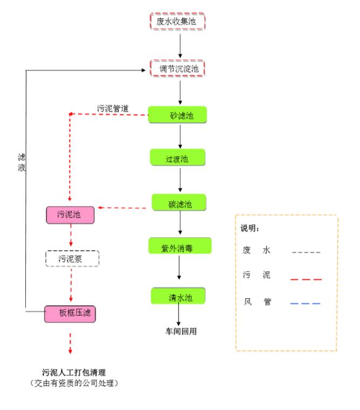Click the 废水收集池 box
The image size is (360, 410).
click(x=178, y=22)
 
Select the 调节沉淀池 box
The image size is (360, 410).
click(x=177, y=70)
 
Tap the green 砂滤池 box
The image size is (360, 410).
click(x=178, y=115)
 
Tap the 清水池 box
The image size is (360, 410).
click(x=179, y=296)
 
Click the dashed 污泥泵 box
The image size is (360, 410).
click(x=71, y=259)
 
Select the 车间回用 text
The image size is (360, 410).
click(x=181, y=332)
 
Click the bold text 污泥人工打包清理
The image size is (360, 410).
click(x=73, y=373)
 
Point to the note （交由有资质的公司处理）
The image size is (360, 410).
click(x=73, y=384)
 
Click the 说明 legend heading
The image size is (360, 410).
click(x=250, y=228)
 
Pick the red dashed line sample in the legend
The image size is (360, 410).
click(x=306, y=279)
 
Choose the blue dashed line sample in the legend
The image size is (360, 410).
click(x=306, y=304)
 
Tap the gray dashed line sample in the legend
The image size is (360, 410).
click(x=306, y=252)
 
